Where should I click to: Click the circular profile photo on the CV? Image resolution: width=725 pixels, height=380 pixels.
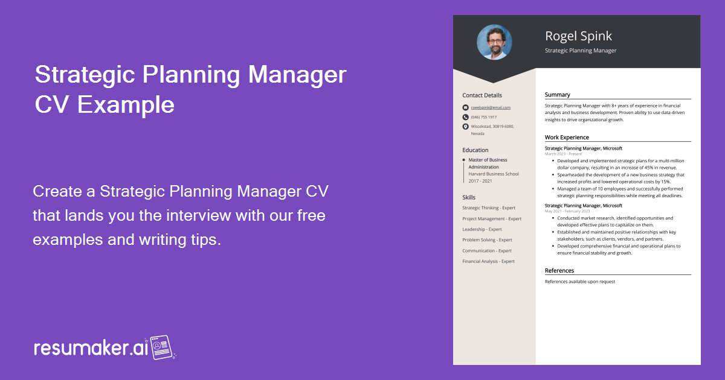(494, 42)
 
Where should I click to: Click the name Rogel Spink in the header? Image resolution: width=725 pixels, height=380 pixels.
(578, 36)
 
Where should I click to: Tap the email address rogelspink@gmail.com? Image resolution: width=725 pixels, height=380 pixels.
(491, 107)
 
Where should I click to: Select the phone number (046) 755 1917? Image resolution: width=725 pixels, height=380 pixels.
(484, 117)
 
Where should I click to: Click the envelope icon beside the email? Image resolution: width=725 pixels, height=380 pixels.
(465, 107)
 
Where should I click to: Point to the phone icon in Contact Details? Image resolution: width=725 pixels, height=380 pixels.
(465, 117)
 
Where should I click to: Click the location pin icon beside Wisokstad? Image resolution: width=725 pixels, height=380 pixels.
(465, 127)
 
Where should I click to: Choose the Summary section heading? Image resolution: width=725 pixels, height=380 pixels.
(557, 95)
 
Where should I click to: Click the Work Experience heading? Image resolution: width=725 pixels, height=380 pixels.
(567, 138)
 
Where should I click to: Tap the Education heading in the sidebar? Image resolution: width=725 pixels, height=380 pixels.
(475, 150)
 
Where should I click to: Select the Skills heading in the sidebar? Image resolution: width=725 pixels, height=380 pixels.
(469, 197)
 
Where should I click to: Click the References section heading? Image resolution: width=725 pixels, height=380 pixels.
(559, 271)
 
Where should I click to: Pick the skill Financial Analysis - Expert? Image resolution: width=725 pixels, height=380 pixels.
(488, 261)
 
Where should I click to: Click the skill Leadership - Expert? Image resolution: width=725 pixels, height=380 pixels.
(482, 229)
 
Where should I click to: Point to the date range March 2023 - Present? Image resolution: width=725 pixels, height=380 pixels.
(563, 154)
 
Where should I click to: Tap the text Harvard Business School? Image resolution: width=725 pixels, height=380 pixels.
(494, 174)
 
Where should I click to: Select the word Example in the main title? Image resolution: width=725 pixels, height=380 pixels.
(126, 104)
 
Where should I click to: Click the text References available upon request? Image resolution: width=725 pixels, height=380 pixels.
(579, 282)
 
